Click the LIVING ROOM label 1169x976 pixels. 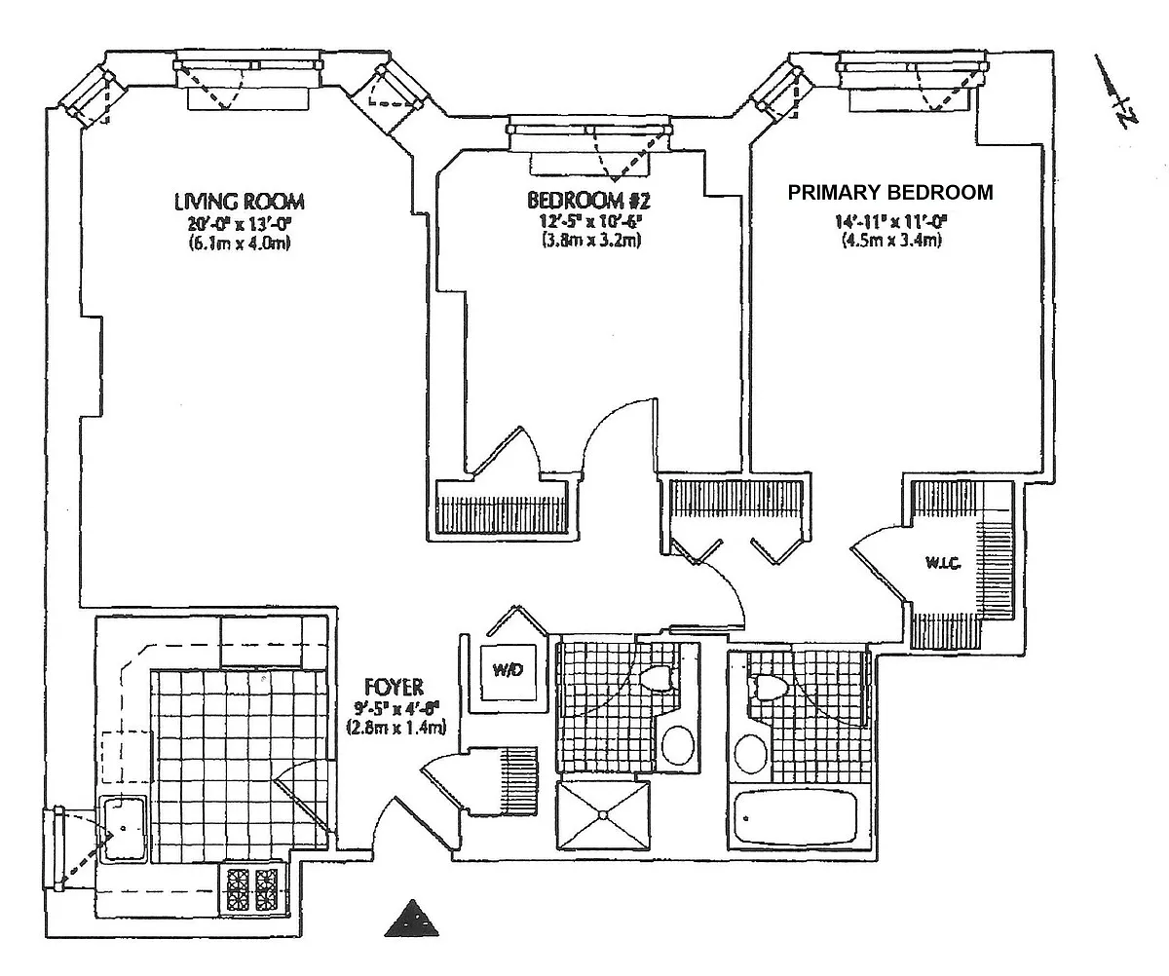pyautogui.click(x=240, y=202)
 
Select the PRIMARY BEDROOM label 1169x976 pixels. pyautogui.click(x=890, y=192)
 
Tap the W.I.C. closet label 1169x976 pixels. pyautogui.click(x=943, y=562)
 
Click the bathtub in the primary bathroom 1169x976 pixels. pyautogui.click(x=795, y=819)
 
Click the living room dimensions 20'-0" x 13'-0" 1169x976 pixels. pyautogui.click(x=240, y=223)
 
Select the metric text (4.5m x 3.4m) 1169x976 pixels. pyautogui.click(x=890, y=241)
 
